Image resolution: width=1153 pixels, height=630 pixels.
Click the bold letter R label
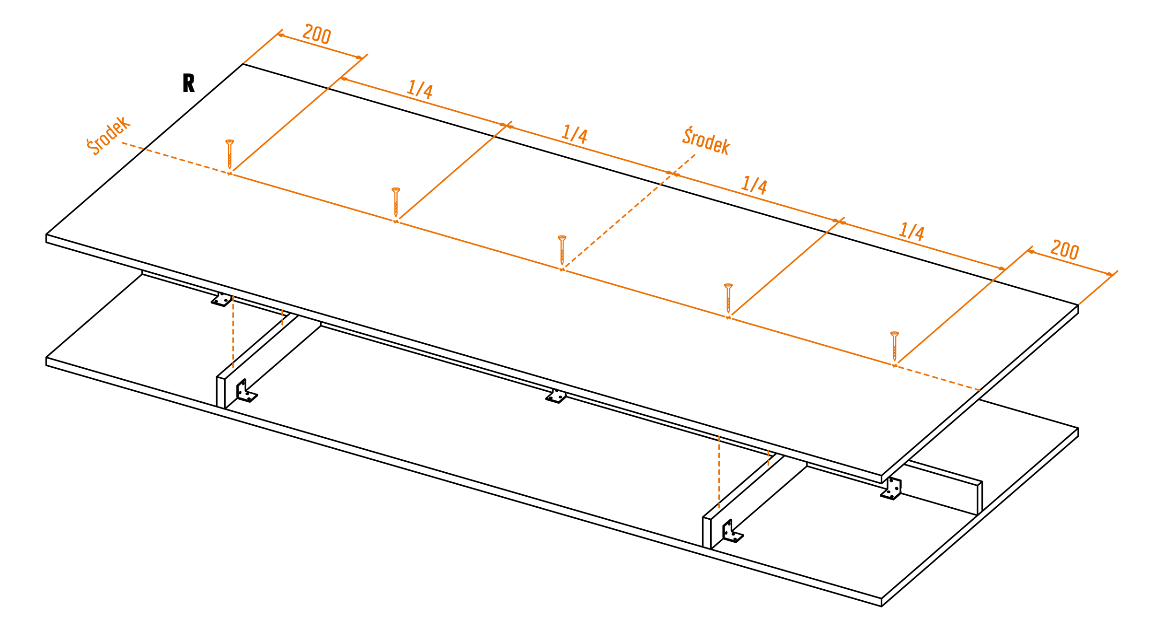tap(188, 83)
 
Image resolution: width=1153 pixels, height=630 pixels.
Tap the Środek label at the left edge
tap(108, 136)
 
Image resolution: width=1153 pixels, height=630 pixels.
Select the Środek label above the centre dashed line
tap(706, 141)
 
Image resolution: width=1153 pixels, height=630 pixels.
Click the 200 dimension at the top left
tap(317, 35)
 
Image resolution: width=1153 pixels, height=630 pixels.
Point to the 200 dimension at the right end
tap(1064, 250)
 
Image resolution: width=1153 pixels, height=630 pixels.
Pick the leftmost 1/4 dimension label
tap(420, 90)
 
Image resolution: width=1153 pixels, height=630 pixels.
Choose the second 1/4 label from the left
tap(575, 134)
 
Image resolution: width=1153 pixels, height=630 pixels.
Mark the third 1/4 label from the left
tap(754, 185)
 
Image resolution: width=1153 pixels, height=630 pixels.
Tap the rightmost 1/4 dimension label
tap(911, 232)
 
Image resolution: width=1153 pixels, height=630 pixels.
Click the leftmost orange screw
tap(230, 154)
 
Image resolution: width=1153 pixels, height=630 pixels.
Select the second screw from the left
tap(396, 202)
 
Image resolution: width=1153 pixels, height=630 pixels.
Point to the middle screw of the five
tap(562, 250)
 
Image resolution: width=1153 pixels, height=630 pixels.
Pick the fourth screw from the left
tap(728, 298)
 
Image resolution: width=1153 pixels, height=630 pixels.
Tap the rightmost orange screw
tap(894, 346)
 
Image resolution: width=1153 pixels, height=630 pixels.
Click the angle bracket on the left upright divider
tap(246, 391)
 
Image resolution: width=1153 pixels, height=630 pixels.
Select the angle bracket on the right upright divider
tap(732, 531)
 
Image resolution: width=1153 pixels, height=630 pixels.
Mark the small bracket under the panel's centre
tap(556, 396)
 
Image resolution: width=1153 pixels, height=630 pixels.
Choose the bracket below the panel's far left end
tap(221, 299)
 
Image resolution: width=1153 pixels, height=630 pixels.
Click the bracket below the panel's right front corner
tap(891, 489)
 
